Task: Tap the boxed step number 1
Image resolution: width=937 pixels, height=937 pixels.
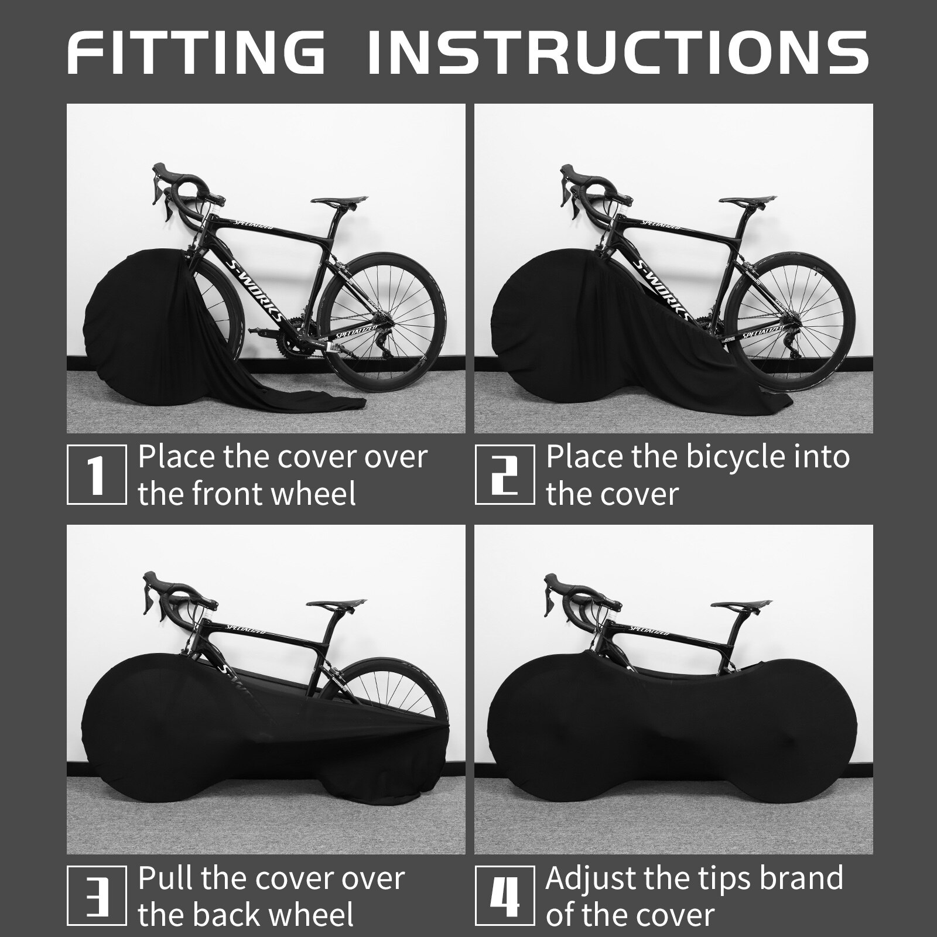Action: (x=97, y=474)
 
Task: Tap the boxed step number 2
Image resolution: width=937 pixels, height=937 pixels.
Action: (x=504, y=474)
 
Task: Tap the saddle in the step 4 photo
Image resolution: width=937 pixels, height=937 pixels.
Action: (x=740, y=604)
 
